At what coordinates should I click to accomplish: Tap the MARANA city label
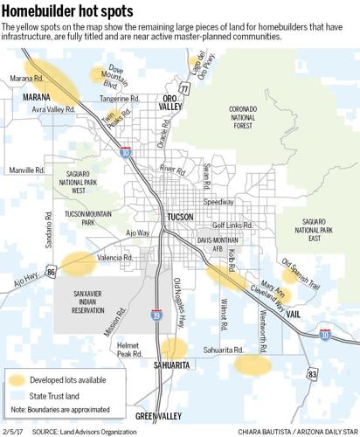pyautogui.click(x=24, y=97)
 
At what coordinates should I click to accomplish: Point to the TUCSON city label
pyautogui.click(x=181, y=216)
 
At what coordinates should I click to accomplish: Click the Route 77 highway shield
pyautogui.click(x=183, y=89)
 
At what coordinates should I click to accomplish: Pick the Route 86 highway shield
pyautogui.click(x=51, y=274)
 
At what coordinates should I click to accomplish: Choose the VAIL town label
pyautogui.click(x=294, y=312)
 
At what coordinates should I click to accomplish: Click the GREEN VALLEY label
pyautogui.click(x=158, y=414)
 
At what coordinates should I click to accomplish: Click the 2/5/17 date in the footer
pyautogui.click(x=13, y=432)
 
